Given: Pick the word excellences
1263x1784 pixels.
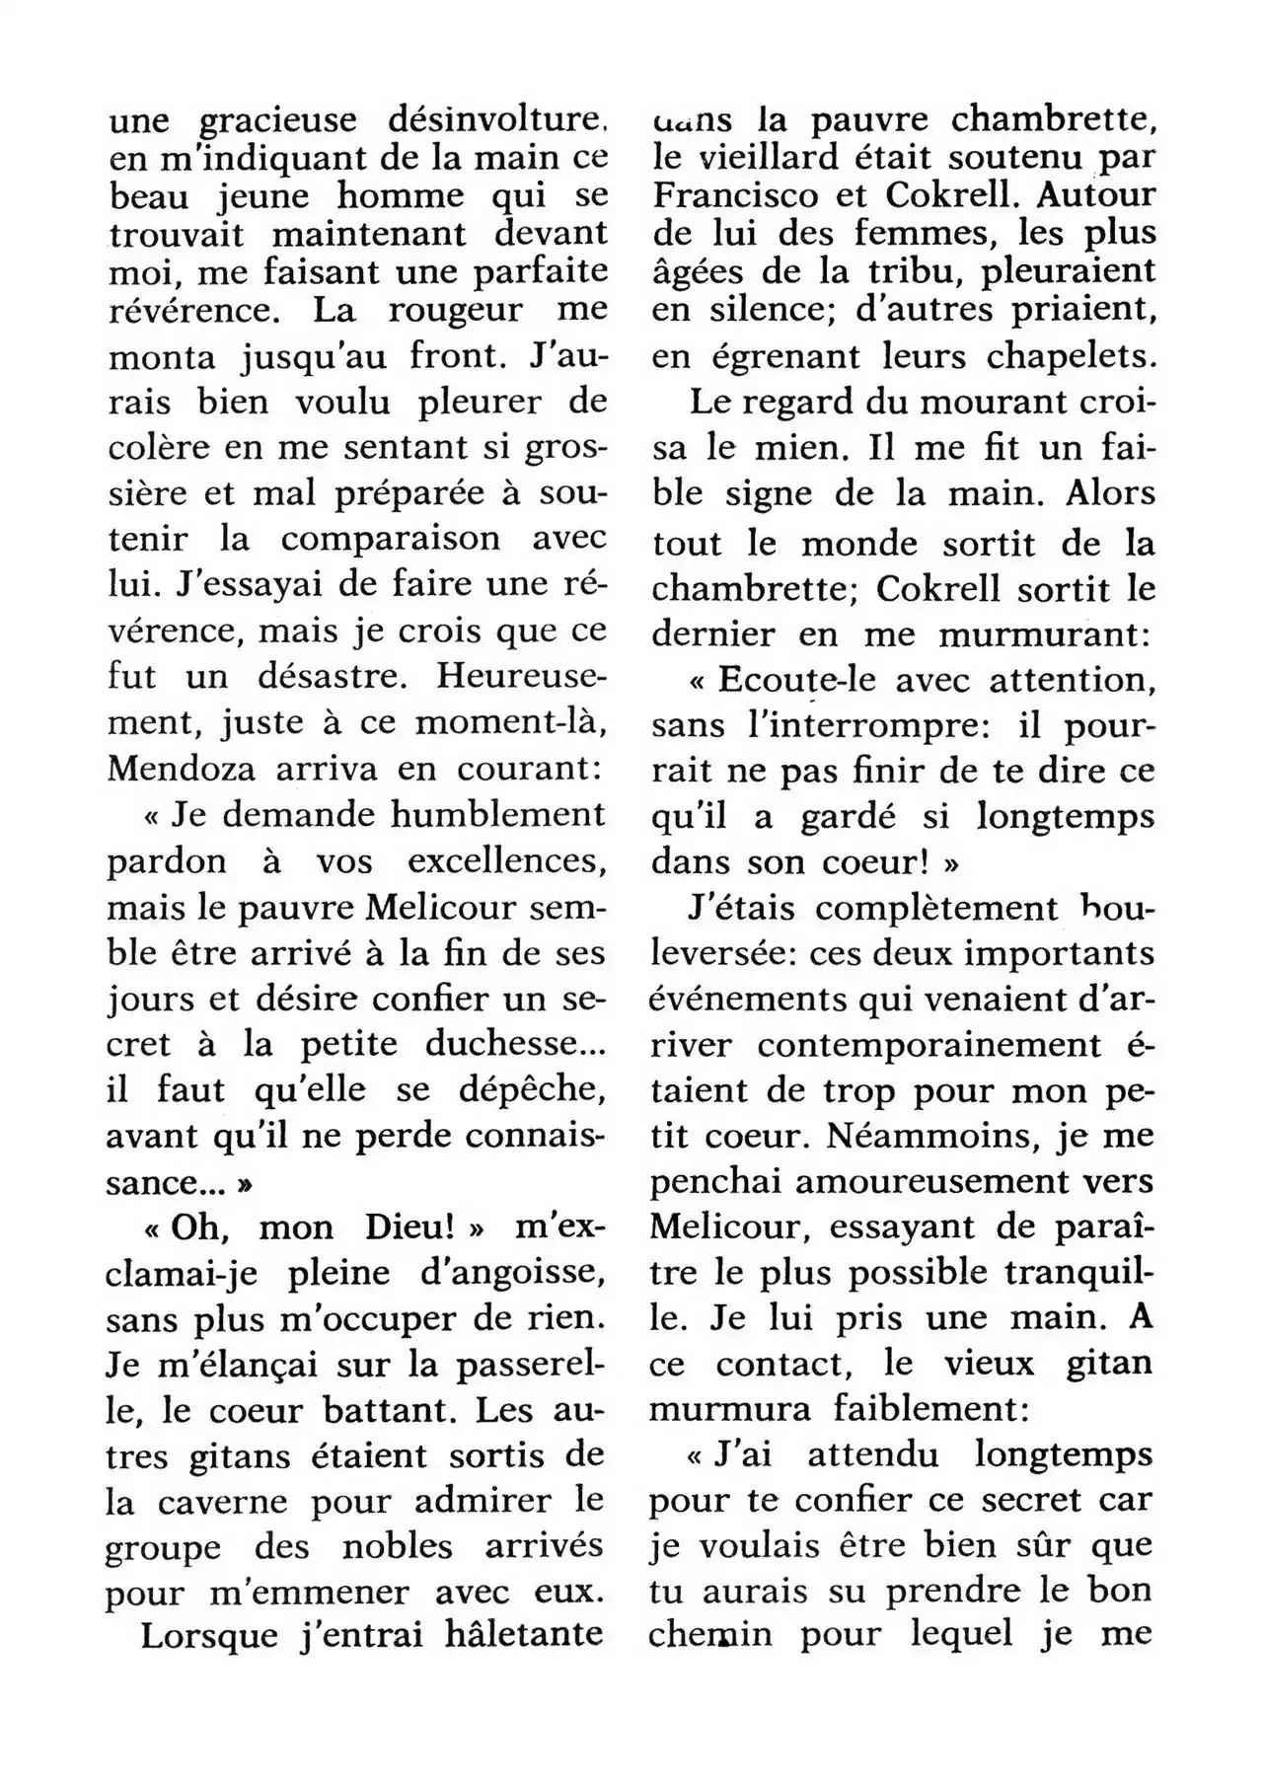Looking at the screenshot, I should click(x=505, y=861).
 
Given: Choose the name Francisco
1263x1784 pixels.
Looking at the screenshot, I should click(x=736, y=194).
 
